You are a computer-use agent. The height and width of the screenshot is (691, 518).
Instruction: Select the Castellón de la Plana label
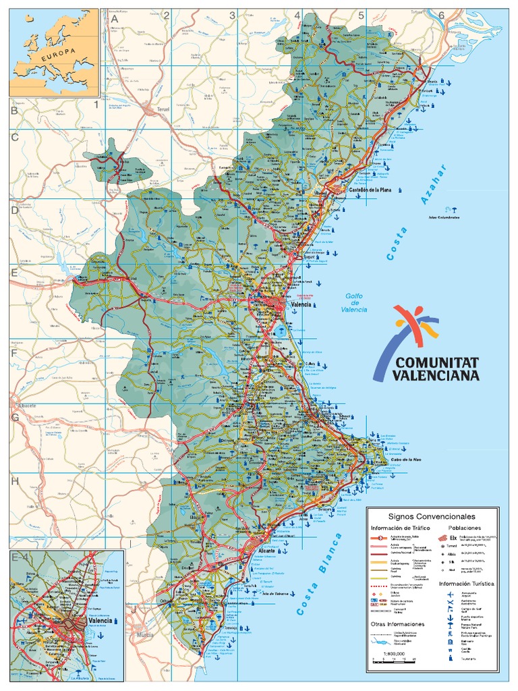tap(370, 190)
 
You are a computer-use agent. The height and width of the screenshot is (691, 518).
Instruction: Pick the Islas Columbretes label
tap(443, 218)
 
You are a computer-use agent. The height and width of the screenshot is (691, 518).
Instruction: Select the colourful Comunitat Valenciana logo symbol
tap(415, 325)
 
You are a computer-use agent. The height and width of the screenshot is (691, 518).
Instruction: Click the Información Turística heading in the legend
tap(467, 582)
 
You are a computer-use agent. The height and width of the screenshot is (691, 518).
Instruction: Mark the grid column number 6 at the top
tap(441, 16)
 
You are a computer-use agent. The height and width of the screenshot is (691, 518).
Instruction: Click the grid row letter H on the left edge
tap(13, 481)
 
